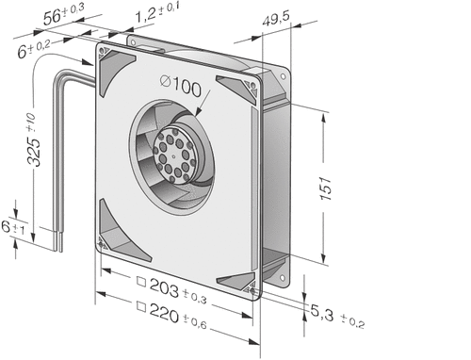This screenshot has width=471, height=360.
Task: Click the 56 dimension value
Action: (52, 18)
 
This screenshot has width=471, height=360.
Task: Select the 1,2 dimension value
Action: (145, 16)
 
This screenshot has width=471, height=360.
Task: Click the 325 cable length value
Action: (34, 152)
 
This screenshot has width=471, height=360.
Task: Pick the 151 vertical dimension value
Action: (326, 188)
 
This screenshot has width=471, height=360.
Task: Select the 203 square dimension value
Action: (164, 287)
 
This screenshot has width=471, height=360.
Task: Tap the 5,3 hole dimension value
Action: (322, 313)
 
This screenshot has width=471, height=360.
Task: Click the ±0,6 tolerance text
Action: (195, 322)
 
